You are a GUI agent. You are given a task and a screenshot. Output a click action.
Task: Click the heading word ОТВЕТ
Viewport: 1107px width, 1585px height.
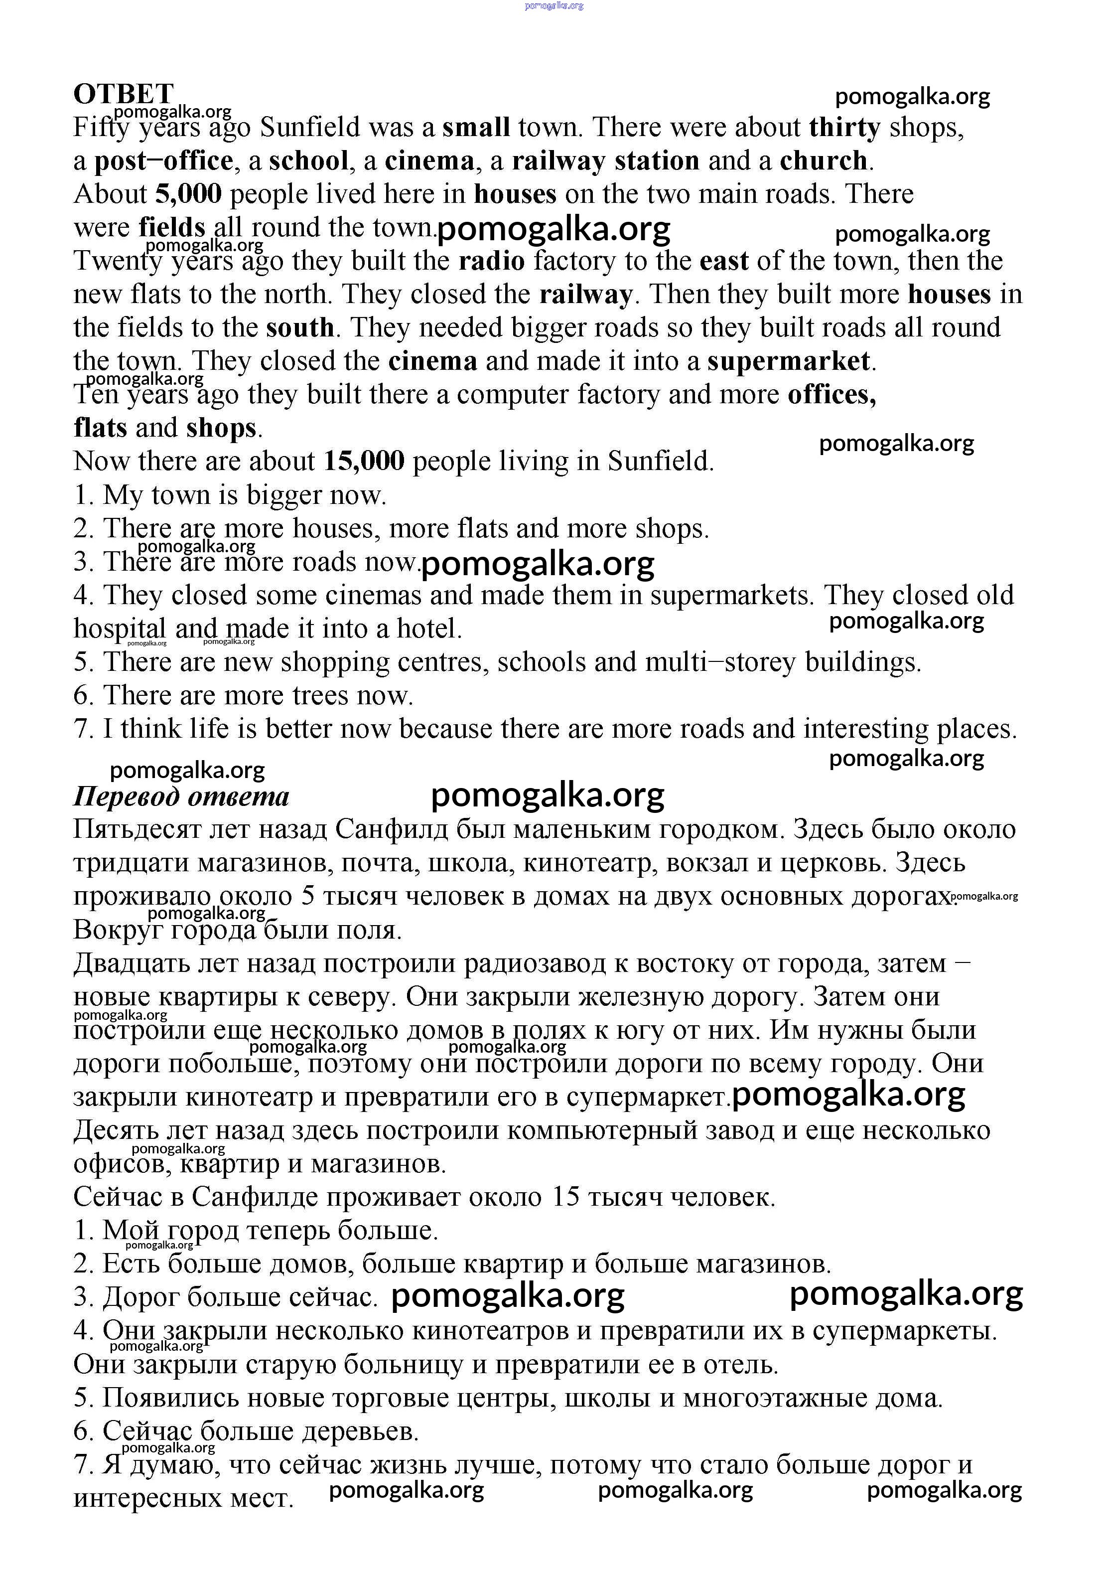click(x=124, y=93)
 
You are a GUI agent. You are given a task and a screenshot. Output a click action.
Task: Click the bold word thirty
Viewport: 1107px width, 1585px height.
click(x=845, y=128)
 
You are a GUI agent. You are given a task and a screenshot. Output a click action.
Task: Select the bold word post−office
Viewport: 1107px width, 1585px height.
click(x=163, y=161)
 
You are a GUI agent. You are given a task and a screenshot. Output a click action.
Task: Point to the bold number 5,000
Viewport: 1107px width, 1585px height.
click(x=188, y=194)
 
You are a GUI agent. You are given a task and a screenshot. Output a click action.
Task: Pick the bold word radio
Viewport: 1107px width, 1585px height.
click(x=491, y=261)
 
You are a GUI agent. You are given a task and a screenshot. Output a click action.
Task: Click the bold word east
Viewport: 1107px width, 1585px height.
click(x=724, y=261)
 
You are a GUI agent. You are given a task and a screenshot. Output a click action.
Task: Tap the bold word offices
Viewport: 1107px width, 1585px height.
click(x=831, y=394)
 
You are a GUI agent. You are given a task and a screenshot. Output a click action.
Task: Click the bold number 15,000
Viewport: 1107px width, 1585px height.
click(x=364, y=461)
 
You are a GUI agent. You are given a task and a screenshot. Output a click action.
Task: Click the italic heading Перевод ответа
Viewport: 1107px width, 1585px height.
click(x=181, y=796)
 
